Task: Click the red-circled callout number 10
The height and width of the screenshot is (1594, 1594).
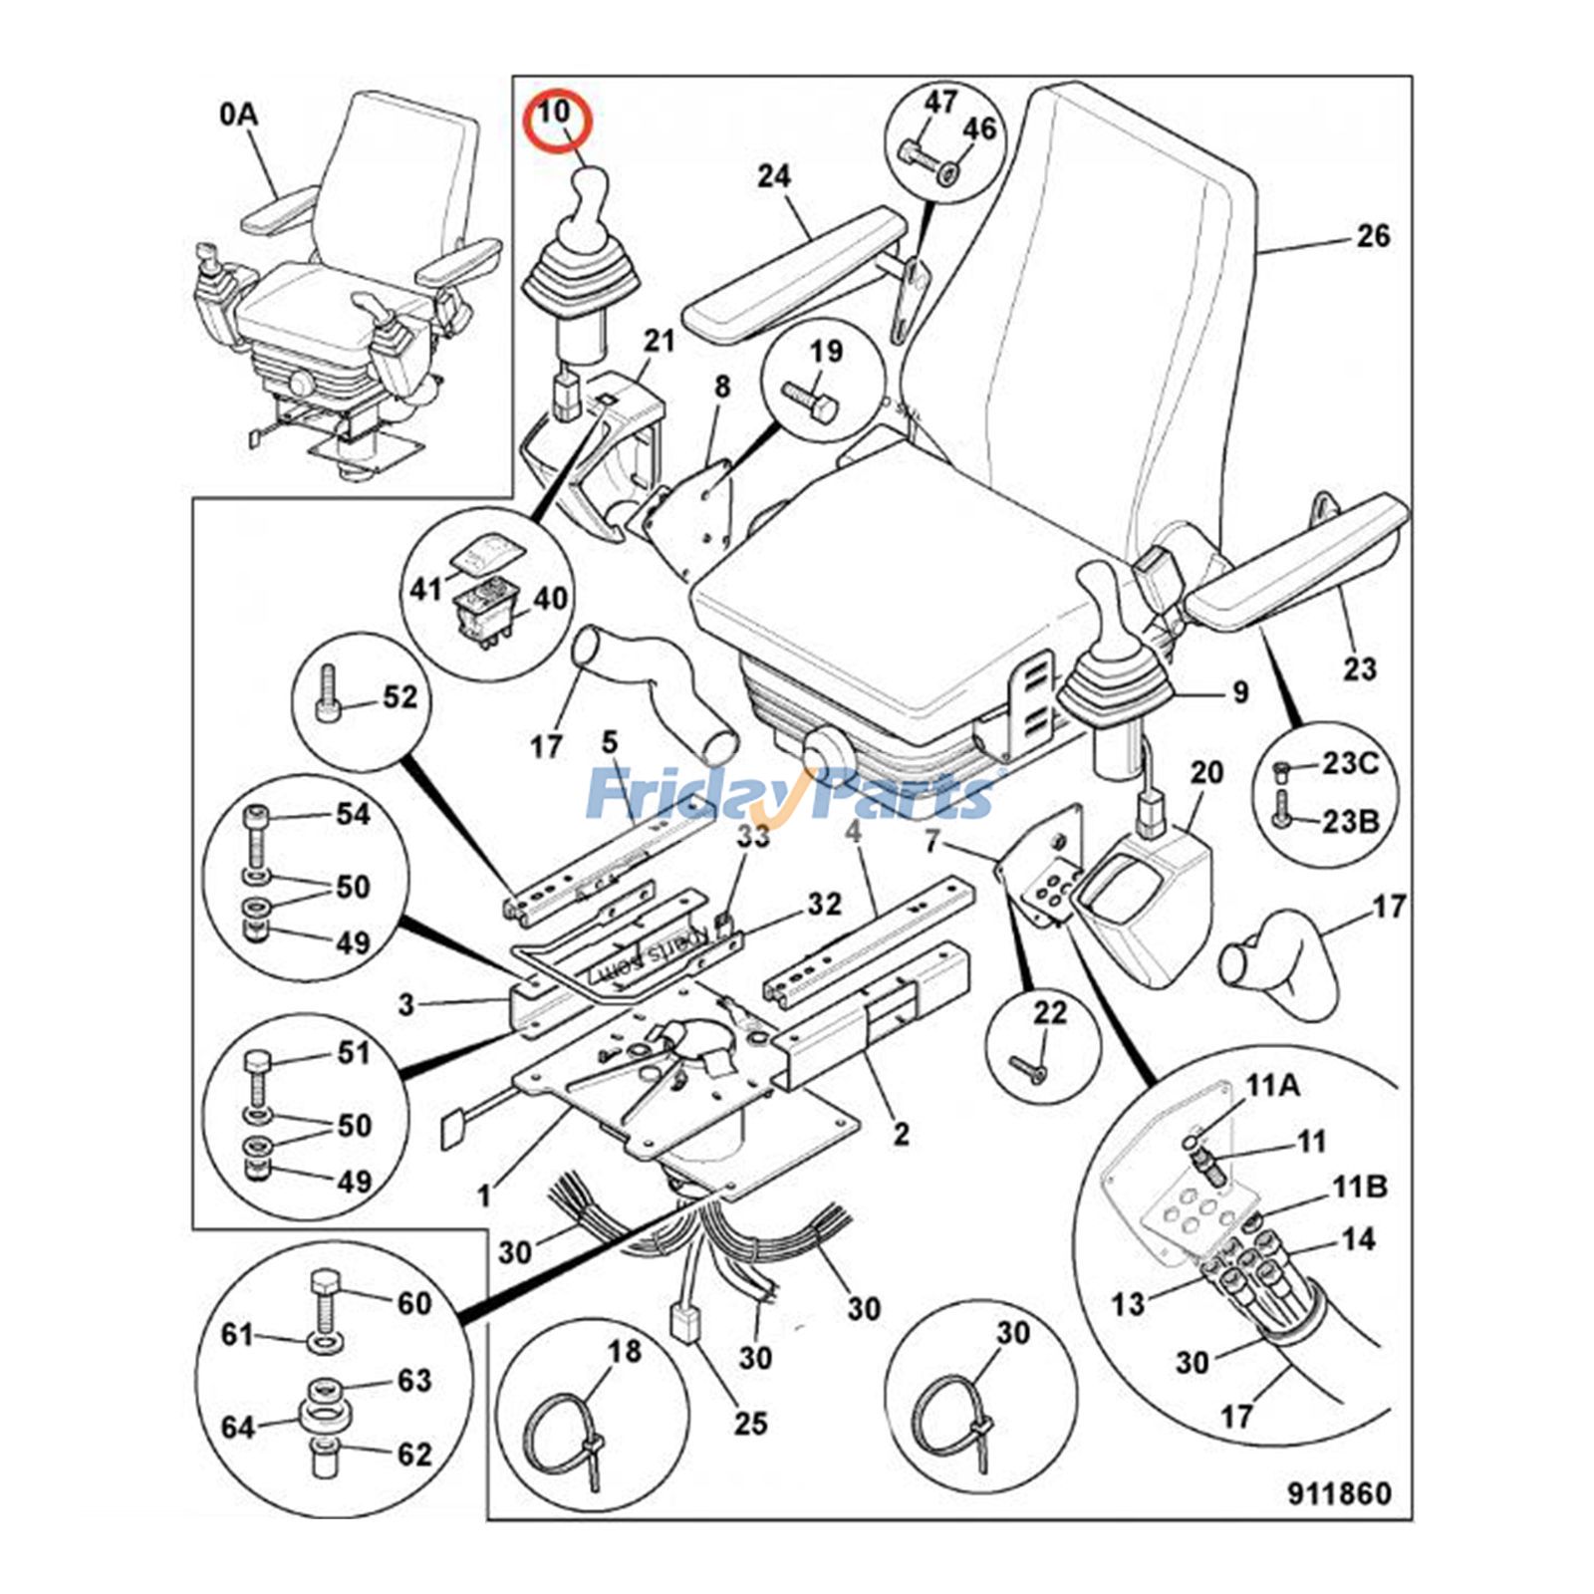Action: (555, 112)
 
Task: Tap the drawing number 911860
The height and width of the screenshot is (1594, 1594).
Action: (1338, 1492)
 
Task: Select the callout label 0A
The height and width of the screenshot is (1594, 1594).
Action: (239, 116)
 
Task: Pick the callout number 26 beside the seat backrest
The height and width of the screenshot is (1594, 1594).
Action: (1373, 237)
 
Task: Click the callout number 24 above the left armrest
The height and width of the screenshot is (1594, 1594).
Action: (774, 176)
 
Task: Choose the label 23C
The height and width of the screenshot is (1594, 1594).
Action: (1350, 764)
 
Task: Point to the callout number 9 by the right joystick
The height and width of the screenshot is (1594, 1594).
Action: (1240, 691)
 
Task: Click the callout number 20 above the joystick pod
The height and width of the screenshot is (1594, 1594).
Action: (1206, 772)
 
